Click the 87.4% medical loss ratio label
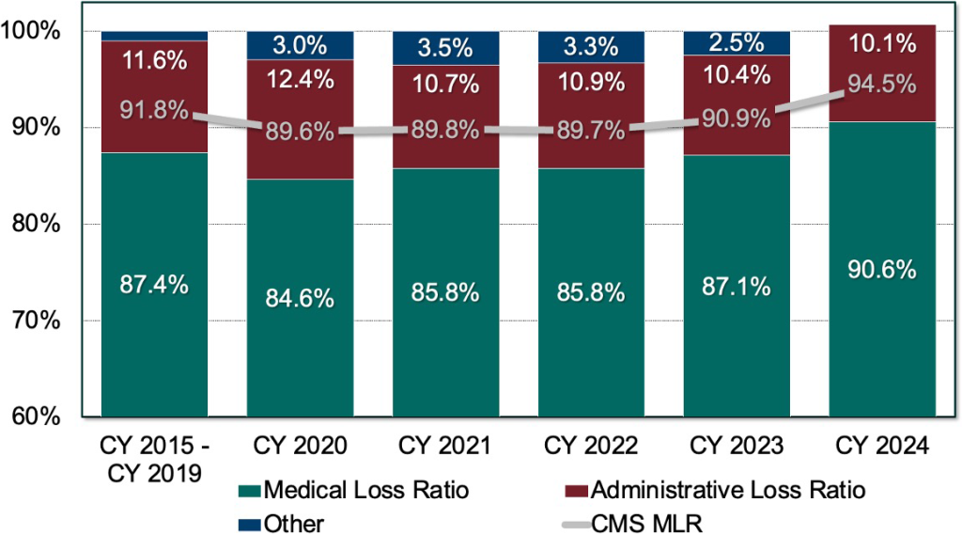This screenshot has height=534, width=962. pyautogui.click(x=155, y=285)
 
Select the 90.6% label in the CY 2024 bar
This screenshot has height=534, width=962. pyautogui.click(x=883, y=270)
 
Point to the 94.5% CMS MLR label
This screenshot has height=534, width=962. pyautogui.click(x=883, y=85)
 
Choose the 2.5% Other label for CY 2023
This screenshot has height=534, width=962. pyautogui.click(x=737, y=43)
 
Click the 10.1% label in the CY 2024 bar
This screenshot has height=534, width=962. pyautogui.click(x=883, y=44)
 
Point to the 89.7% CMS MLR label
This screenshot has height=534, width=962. pyautogui.click(x=592, y=131)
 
